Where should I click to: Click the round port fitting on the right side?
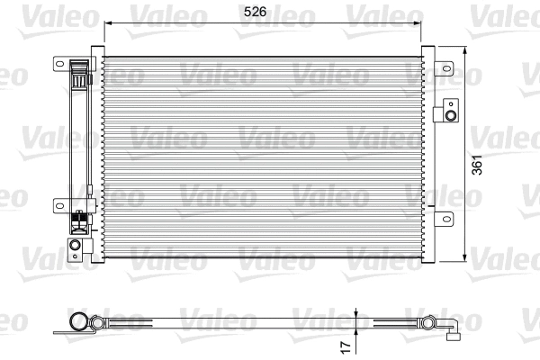(x=449, y=113)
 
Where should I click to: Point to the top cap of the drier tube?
(x=79, y=63)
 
